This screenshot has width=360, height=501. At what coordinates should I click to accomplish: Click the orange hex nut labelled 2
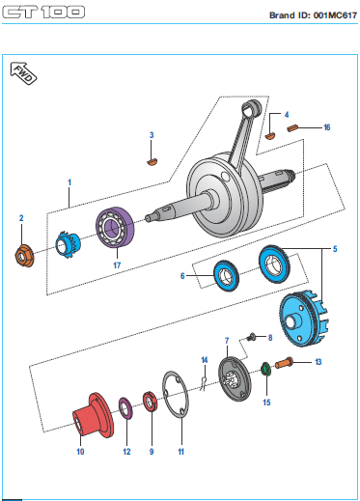24,256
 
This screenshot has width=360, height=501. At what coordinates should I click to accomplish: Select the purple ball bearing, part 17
115,228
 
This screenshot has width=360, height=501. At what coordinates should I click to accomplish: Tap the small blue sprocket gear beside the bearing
69,245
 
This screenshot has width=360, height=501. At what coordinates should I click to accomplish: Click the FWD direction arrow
23,73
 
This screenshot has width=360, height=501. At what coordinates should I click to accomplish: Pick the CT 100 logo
43,12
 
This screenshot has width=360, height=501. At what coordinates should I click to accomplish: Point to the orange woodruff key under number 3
152,162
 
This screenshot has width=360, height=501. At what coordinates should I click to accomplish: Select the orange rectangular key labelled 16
292,128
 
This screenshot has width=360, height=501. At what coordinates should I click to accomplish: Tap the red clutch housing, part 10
93,415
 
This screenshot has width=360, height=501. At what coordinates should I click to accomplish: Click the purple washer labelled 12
125,408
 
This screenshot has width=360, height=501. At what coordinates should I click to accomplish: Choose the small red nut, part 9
150,402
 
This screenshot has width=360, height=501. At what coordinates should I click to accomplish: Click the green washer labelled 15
265,369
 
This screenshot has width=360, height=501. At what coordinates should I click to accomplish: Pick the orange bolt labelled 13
284,363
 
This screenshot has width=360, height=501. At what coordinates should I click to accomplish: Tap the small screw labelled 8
251,337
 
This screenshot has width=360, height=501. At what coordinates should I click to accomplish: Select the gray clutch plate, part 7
234,379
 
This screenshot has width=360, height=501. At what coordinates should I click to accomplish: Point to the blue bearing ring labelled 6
227,276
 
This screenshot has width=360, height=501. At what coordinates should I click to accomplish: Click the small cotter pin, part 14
204,384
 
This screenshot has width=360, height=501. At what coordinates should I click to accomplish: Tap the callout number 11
181,452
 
